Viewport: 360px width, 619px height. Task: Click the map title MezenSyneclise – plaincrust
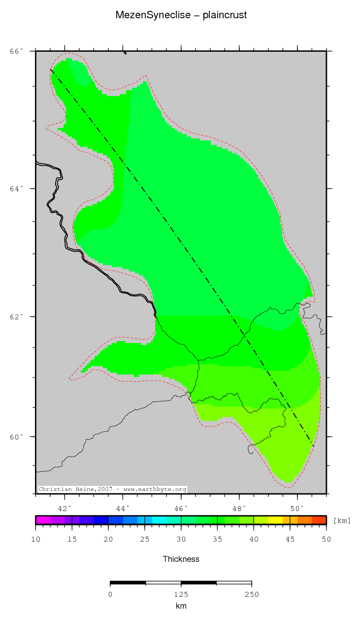tap(181, 15)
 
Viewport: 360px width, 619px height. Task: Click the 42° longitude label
tap(65, 508)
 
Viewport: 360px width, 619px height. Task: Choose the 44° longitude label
tap(123, 508)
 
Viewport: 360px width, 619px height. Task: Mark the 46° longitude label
tap(181, 508)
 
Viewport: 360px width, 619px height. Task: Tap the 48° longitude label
tap(239, 508)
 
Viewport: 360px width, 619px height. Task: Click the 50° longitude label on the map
tap(297, 508)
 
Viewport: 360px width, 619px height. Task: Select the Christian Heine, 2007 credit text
tap(112, 489)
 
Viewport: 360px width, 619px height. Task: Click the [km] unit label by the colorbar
tap(342, 520)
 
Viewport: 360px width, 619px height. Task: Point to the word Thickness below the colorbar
tap(181, 559)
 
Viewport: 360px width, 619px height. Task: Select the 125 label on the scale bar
tap(181, 594)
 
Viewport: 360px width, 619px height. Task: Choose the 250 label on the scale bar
tap(251, 594)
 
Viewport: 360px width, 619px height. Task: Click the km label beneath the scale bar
tap(181, 606)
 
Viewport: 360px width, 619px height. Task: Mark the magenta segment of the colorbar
tap(43, 520)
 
